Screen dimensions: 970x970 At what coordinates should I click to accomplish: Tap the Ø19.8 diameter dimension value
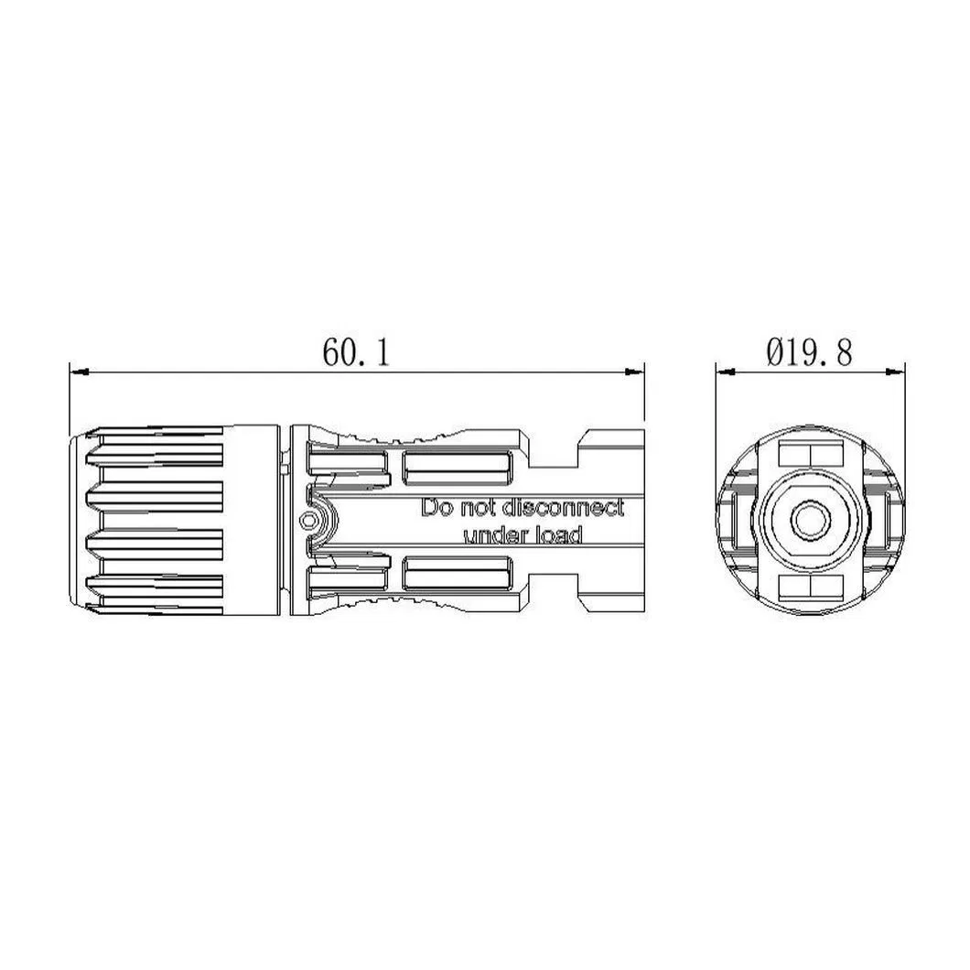tap(810, 352)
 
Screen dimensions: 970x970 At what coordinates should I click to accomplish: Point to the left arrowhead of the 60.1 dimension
tap(77, 372)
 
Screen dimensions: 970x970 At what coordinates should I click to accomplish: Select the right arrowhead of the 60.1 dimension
tap(637, 372)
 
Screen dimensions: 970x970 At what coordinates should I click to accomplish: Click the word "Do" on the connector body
tap(435, 508)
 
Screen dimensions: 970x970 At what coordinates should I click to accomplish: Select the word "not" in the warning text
tap(476, 508)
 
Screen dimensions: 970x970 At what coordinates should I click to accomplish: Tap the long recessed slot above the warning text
tap(458, 469)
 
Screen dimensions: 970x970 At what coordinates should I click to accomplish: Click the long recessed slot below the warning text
tap(458, 573)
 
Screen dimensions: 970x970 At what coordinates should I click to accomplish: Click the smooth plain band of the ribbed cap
tap(252, 521)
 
